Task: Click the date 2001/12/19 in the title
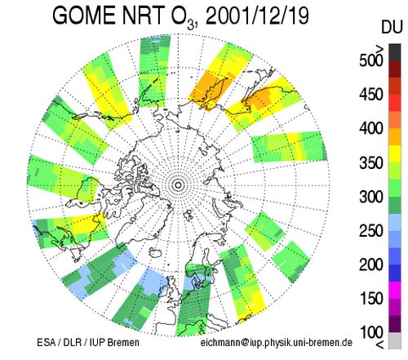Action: pos(257,16)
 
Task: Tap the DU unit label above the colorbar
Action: pos(392,27)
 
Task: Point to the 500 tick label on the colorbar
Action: pos(370,60)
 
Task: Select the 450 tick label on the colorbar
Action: pos(370,95)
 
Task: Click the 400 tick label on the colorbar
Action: pos(370,128)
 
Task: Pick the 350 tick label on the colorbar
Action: pos(370,162)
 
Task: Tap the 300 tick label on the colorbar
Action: pos(370,197)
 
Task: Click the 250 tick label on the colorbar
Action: pos(370,231)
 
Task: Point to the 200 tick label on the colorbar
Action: pos(370,264)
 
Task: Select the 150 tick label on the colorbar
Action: pos(370,299)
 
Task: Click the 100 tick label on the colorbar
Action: pos(370,332)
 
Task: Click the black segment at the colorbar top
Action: pos(395,52)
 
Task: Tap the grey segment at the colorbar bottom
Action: pos(395,340)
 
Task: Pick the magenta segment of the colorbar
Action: pos(395,290)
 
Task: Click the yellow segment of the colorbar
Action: pos(395,154)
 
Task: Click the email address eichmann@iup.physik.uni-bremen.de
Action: pos(277,342)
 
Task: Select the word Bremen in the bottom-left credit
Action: pos(123,342)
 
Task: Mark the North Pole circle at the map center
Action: pos(178,185)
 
